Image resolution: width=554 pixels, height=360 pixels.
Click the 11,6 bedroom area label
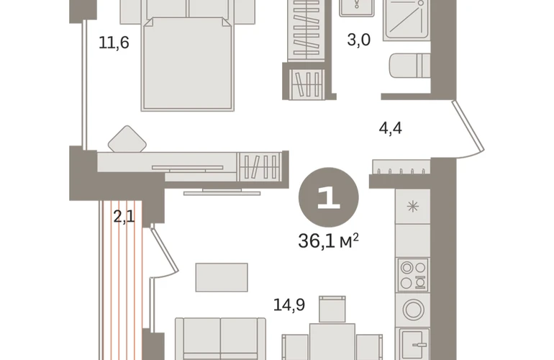click(x=114, y=42)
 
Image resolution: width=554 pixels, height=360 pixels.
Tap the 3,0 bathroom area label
click(x=358, y=40)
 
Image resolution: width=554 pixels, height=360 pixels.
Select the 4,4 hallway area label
click(x=390, y=127)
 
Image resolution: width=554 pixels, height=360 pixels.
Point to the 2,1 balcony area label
click(x=124, y=216)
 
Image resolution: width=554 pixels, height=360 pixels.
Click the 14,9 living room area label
click(x=289, y=305)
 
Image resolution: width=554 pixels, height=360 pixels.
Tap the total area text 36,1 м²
click(x=328, y=240)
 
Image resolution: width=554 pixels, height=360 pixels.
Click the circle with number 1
click(x=329, y=197)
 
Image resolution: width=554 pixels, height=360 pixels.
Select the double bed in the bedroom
click(x=188, y=63)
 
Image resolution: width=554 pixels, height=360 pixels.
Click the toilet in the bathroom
click(x=410, y=66)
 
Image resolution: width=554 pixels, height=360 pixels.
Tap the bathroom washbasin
click(x=356, y=8)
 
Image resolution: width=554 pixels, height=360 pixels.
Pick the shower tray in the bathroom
click(x=407, y=19)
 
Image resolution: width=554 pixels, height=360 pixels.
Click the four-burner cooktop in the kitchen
click(x=413, y=275)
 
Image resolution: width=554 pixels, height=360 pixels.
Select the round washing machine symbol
click(x=413, y=310)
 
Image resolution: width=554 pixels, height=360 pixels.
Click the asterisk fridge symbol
click(x=413, y=206)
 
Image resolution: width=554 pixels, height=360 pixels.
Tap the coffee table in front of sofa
click(x=222, y=277)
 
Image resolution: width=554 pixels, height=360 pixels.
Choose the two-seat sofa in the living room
click(x=220, y=339)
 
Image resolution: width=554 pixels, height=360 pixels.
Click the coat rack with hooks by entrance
click(x=401, y=167)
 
